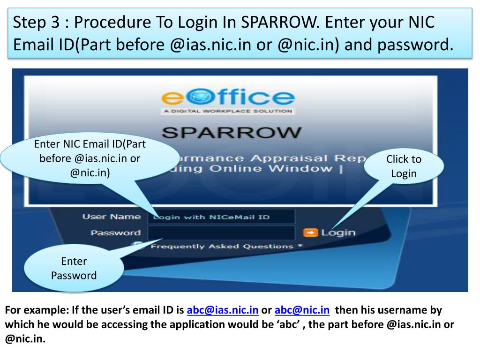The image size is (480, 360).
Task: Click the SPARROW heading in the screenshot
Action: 232,132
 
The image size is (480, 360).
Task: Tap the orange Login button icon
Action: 310,232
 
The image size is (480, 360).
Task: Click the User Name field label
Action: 112,217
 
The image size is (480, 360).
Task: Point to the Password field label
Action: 115,232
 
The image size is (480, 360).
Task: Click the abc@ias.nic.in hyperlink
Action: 223,310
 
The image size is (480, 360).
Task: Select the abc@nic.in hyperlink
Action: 302,310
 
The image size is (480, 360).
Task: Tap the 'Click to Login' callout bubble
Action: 404,166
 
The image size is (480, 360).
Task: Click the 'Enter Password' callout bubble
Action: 74,268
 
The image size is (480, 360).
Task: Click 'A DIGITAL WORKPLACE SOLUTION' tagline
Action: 228,112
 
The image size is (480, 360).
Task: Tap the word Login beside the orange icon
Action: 338,232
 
